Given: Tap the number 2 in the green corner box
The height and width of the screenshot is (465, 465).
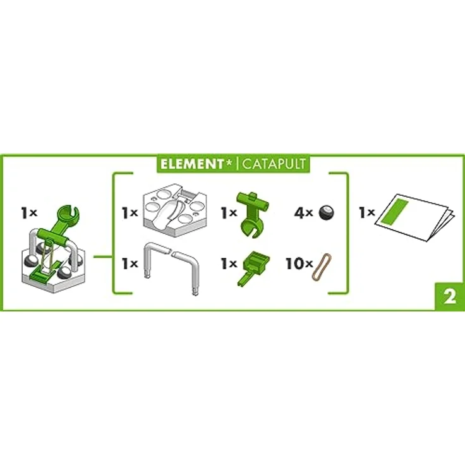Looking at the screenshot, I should point(449,298).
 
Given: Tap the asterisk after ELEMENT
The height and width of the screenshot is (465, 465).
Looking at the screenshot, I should point(229,162).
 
